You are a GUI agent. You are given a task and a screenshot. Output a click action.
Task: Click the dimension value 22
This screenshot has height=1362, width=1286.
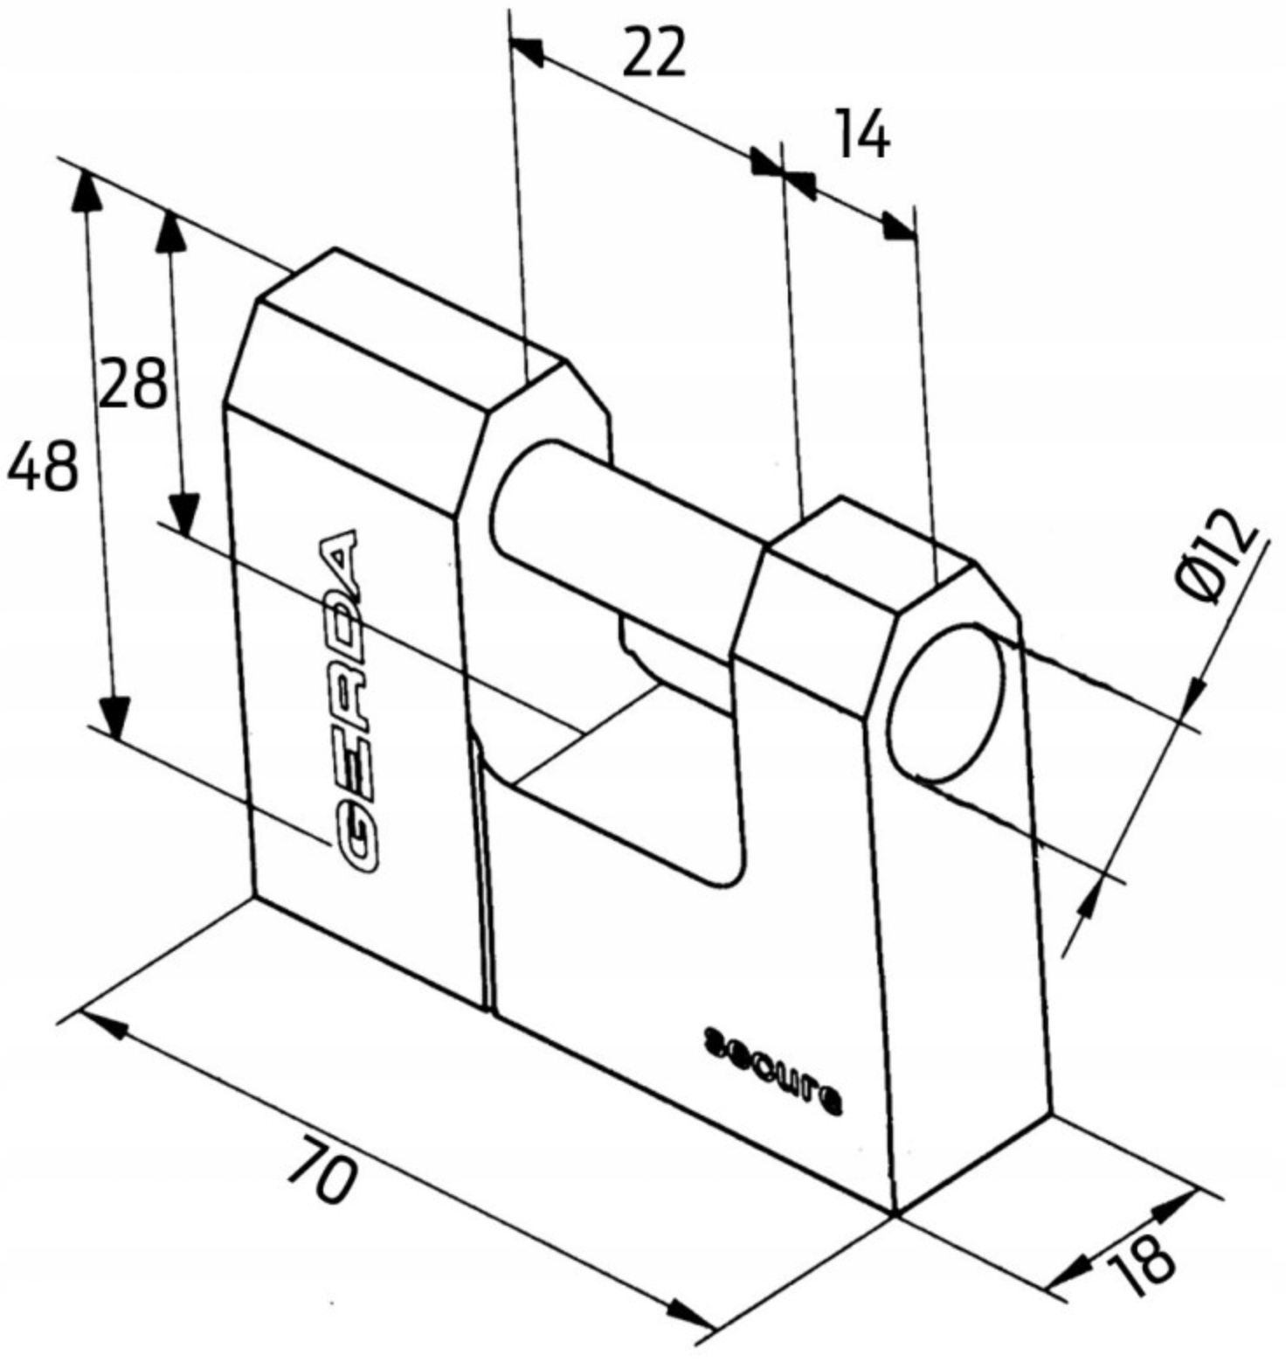coord(653,54)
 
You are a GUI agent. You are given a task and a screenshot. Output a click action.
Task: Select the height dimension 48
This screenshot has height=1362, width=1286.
coord(42,465)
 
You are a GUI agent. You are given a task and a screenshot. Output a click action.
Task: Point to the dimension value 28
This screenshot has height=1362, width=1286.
coord(132,384)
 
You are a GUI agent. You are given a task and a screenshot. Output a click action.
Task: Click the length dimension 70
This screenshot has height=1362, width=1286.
coord(321,1170)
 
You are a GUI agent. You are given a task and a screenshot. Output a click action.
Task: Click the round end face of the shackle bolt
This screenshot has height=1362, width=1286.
coord(946,703)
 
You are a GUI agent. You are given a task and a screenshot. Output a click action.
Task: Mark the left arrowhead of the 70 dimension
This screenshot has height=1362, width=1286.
coord(101,1025)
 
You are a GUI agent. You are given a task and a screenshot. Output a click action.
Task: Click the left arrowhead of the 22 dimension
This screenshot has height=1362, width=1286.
coord(528,51)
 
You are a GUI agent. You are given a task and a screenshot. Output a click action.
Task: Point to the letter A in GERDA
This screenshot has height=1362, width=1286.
coord(337,559)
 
